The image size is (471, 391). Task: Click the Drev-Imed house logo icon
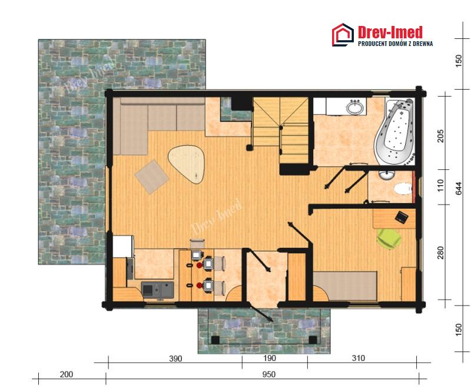tap(343, 35)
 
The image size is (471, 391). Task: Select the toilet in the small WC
tap(402, 189)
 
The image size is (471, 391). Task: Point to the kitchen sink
tap(158, 290)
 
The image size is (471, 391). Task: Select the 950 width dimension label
tap(268, 374)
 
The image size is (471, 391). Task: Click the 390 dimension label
tap(175, 359)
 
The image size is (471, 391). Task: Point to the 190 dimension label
tap(270, 358)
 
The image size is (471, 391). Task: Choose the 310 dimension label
tap(358, 358)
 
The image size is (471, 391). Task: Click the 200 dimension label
tap(66, 374)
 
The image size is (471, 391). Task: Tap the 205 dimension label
tap(440, 136)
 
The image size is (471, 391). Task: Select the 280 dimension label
tap(440, 252)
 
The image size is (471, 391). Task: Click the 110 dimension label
tap(440, 186)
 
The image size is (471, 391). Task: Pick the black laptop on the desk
tap(402, 216)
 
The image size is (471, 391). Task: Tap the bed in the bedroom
tap(345, 286)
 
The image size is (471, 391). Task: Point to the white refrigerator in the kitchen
tap(123, 247)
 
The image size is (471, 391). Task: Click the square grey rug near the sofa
tap(152, 177)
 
